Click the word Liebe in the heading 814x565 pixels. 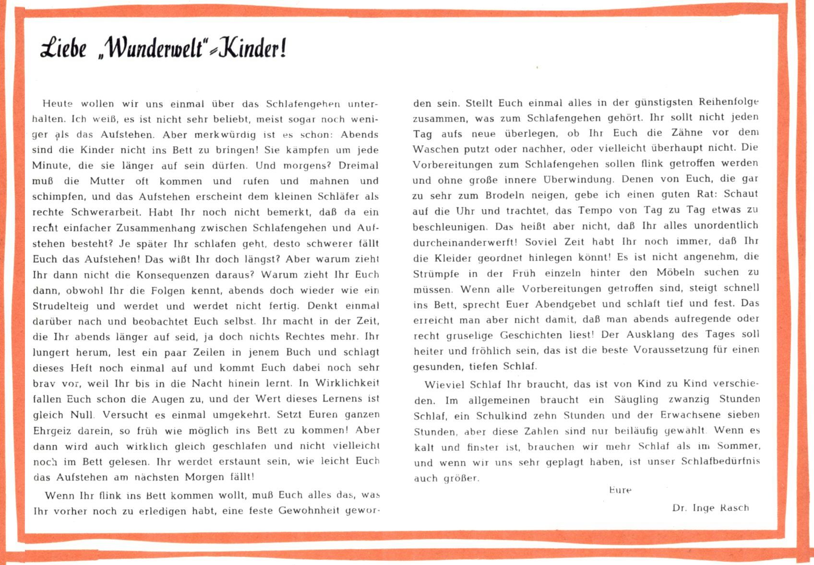tap(63, 48)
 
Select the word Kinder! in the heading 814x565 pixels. tap(253, 48)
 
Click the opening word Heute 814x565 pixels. tap(58, 104)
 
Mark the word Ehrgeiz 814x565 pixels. tap(52, 431)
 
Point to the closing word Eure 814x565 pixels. tap(620, 490)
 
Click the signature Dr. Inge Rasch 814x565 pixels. tap(710, 508)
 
